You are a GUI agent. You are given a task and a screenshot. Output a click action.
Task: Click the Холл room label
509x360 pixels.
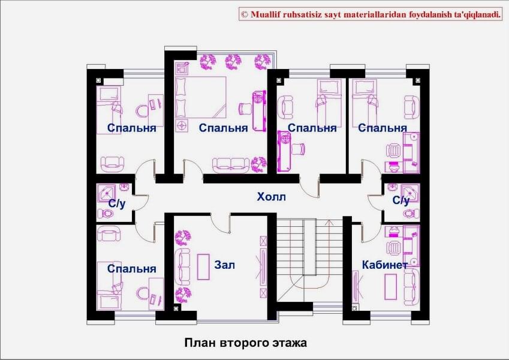click(271, 197)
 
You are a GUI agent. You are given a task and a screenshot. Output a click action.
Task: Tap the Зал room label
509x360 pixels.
click(224, 265)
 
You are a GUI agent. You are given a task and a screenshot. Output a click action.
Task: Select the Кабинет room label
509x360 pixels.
click(385, 265)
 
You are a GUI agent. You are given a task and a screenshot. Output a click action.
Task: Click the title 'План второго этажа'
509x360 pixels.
click(246, 343)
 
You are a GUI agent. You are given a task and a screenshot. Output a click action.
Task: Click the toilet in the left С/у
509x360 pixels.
click(106, 214)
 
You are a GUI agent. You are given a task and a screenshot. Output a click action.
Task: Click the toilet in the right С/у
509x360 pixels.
click(411, 214)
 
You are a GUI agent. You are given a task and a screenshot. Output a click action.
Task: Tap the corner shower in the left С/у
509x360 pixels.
click(106, 193)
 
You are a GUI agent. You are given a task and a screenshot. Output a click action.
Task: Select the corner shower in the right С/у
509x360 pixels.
click(410, 193)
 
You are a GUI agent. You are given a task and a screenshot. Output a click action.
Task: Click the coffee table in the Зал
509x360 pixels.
click(203, 267)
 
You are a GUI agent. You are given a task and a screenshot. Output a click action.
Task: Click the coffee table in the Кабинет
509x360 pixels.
click(390, 287)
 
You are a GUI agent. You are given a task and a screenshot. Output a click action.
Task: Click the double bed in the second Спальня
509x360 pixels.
click(200, 97)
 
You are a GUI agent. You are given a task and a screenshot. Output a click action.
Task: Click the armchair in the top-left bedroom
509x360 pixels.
click(112, 164)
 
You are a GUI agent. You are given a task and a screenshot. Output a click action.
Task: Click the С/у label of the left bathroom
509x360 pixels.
click(117, 204)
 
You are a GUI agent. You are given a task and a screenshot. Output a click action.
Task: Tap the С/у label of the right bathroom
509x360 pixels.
click(400, 200)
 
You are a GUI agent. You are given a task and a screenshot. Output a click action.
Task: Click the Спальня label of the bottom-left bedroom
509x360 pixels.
click(131, 269)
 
